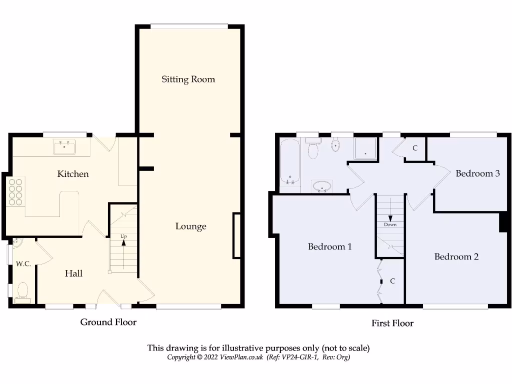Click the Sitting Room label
(x=188, y=79)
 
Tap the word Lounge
(x=190, y=226)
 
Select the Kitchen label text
(x=73, y=174)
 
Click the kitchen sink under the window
(x=64, y=147)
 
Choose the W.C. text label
(x=23, y=263)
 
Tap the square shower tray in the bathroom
(x=366, y=148)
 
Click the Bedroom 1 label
(x=329, y=246)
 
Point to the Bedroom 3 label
(x=477, y=173)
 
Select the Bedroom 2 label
(x=456, y=256)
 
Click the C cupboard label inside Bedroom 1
(x=392, y=281)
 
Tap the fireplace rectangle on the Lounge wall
(x=236, y=236)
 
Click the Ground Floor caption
(x=108, y=322)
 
